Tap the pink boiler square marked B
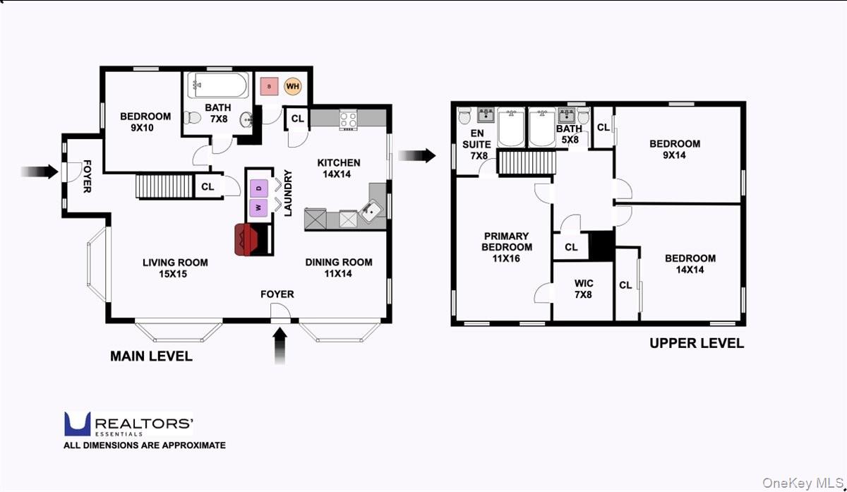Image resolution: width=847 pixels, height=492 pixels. (x=269, y=87)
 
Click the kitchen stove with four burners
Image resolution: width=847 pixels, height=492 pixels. (x=349, y=119)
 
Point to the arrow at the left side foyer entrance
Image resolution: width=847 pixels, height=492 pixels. (x=38, y=172)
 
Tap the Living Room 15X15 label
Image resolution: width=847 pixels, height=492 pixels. (x=175, y=268)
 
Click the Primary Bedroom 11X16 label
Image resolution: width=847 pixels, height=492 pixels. (x=507, y=247)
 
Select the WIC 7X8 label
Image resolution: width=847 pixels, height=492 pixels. (x=584, y=289)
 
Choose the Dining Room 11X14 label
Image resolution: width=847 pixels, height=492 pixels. (x=338, y=268)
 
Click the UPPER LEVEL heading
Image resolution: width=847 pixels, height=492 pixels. (x=696, y=344)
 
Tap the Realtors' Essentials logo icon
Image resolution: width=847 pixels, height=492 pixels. (x=78, y=424)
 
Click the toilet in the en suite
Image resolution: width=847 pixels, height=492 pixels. (x=464, y=116)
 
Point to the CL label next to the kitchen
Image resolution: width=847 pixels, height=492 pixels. (x=297, y=119)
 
